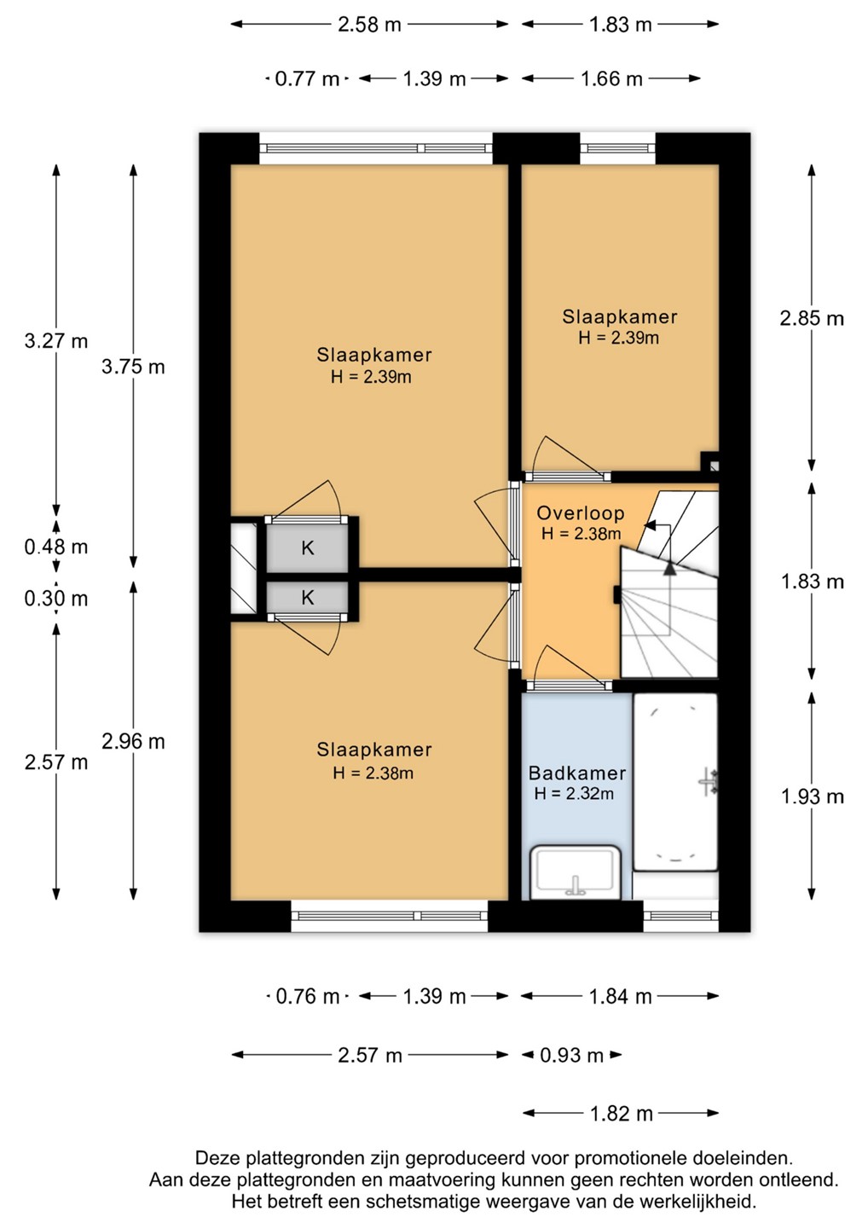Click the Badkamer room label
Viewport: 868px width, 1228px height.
(577, 773)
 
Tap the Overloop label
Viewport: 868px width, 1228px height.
(581, 513)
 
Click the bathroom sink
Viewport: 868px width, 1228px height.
(575, 872)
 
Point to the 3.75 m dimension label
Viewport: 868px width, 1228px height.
(133, 367)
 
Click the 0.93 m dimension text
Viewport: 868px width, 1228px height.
(571, 1055)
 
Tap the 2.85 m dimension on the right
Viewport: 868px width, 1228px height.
(812, 319)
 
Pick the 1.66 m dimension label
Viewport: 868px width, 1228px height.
(611, 79)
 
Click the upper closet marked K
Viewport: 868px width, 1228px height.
(308, 547)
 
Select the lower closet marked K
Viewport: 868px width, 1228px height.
(308, 597)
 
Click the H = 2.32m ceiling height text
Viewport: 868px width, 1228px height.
(574, 793)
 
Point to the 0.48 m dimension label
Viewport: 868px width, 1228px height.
(56, 547)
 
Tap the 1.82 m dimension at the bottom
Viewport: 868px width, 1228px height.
(621, 1114)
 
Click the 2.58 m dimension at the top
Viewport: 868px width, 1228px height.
(369, 25)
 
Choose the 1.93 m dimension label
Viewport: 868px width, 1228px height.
(812, 796)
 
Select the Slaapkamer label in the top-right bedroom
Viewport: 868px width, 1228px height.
(620, 317)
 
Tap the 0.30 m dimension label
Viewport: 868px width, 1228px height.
(56, 599)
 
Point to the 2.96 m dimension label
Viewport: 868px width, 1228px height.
(133, 742)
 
